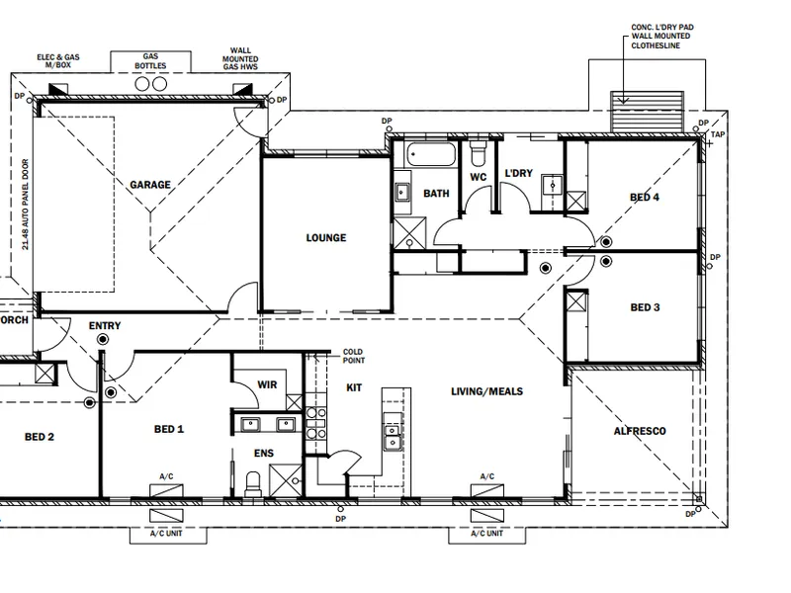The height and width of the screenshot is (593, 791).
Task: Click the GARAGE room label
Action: [150, 185]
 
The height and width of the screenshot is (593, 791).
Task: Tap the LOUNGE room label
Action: [326, 238]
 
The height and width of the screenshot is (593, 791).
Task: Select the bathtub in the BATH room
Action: [431, 155]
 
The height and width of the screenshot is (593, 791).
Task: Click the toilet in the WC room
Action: [477, 153]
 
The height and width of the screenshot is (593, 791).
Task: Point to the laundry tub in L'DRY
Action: [553, 185]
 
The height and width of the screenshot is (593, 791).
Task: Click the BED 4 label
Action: [645, 197]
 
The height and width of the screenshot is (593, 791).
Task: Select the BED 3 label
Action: [645, 307]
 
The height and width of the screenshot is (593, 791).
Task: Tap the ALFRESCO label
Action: [640, 431]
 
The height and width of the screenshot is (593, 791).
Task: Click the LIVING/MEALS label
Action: [486, 391]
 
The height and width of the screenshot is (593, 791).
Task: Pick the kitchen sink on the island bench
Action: [392, 437]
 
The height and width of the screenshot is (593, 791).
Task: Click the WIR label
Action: [267, 384]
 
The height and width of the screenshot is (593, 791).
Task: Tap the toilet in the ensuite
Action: [252, 483]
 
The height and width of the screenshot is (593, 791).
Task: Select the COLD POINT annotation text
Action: [354, 356]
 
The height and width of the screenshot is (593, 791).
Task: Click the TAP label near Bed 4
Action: [718, 134]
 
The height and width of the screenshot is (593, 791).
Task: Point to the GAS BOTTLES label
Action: [150, 61]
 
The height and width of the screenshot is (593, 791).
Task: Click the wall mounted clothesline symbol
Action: [647, 112]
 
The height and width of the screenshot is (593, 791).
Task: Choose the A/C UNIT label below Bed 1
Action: [166, 534]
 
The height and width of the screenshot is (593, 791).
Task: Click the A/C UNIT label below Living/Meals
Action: [486, 534]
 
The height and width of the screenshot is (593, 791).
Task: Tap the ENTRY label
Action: [105, 326]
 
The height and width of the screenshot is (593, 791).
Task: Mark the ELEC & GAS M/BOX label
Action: [58, 61]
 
